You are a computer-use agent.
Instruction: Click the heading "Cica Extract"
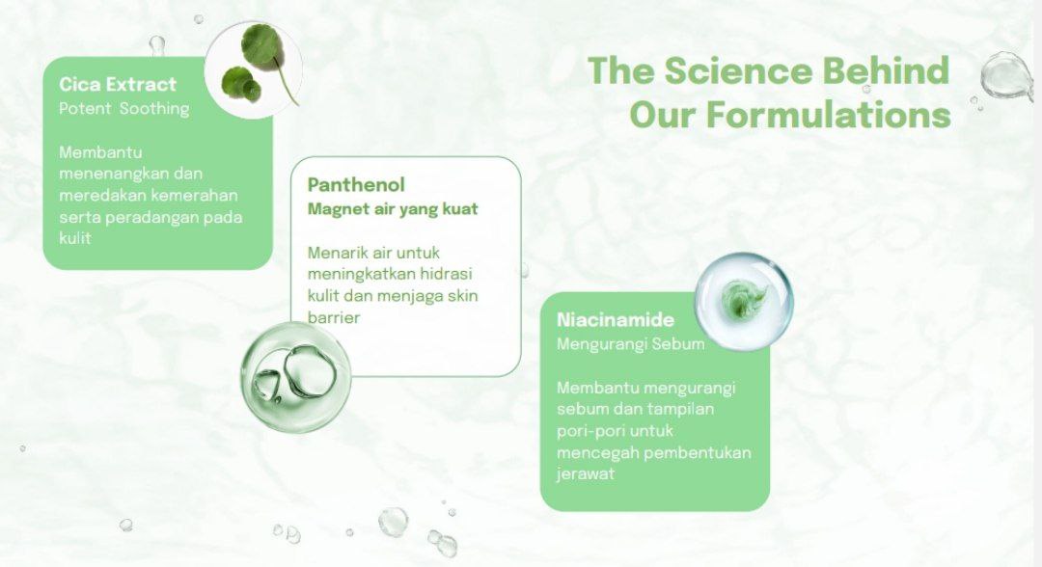point(118,84)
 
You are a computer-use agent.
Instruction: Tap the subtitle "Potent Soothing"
point(124,108)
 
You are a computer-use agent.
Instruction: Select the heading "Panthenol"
point(355,184)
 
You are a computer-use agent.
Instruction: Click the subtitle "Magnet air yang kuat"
point(392,209)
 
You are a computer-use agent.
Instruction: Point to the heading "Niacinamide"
point(616,319)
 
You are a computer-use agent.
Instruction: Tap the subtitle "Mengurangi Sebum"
point(630,344)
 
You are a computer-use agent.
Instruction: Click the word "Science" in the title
point(738,70)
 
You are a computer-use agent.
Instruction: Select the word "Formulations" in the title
point(828,115)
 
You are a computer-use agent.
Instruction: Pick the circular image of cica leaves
point(253,69)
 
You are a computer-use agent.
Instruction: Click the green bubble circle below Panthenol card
point(296,377)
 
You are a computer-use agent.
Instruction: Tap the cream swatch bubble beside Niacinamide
point(744,300)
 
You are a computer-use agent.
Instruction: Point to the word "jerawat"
point(586,474)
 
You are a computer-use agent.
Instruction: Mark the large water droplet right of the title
point(1006,76)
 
